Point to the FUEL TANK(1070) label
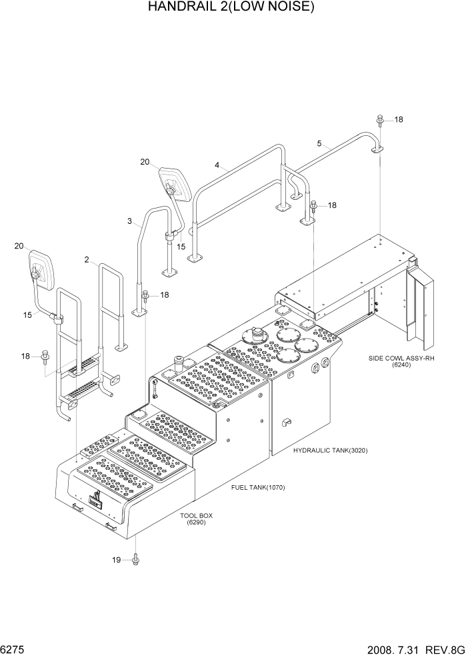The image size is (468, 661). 258,487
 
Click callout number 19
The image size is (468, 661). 117,560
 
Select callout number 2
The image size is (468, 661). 87,260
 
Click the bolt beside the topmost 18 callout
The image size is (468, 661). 380,121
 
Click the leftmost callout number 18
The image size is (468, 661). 26,356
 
